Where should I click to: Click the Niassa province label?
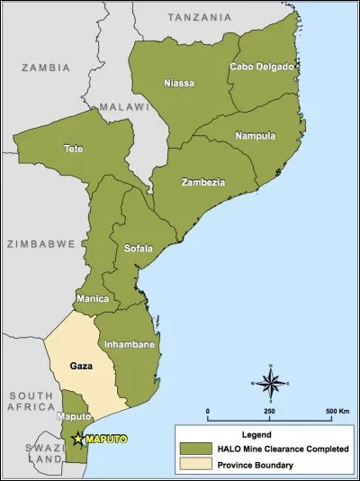click(178, 84)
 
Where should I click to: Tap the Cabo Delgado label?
click(261, 67)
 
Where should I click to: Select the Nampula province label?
click(255, 136)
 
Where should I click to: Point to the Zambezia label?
click(202, 183)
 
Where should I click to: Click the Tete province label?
click(74, 148)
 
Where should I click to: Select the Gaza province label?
click(82, 367)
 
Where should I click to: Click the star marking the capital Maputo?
click(78, 439)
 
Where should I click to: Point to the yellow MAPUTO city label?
click(106, 439)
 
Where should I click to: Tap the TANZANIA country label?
click(200, 17)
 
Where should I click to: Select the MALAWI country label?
click(123, 106)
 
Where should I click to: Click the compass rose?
click(271, 383)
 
